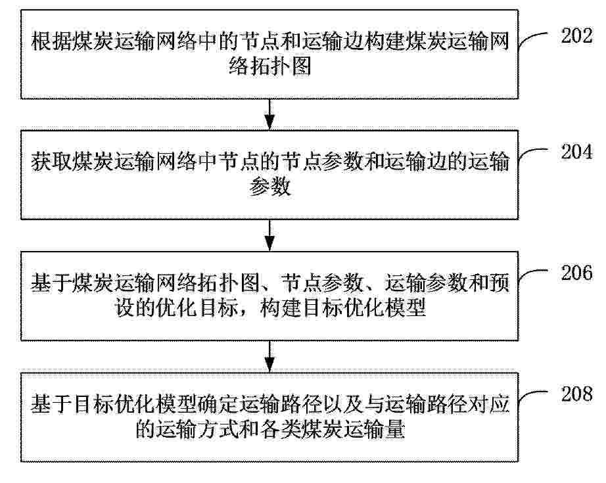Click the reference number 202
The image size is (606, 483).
pyautogui.click(x=576, y=36)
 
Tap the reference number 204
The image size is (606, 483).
pyautogui.click(x=576, y=151)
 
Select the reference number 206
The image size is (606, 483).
pyautogui.click(x=576, y=273)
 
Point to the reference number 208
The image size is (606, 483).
pyautogui.click(x=576, y=394)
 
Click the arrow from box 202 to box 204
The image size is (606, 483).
pyautogui.click(x=269, y=114)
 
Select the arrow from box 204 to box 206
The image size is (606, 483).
pyautogui.click(x=269, y=235)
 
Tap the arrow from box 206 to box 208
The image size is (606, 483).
pyautogui.click(x=269, y=357)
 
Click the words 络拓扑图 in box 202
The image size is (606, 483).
pyautogui.click(x=269, y=67)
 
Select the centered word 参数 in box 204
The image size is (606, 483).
pyautogui.click(x=269, y=187)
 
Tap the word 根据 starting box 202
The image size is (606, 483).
pyautogui.click(x=51, y=41)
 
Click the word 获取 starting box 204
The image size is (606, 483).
pyautogui.click(x=51, y=162)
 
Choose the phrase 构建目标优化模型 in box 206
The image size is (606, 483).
pyautogui.click(x=343, y=308)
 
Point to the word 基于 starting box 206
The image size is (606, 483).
pyautogui.click(x=51, y=283)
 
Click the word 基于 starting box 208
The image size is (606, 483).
pyautogui.click(x=51, y=404)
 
